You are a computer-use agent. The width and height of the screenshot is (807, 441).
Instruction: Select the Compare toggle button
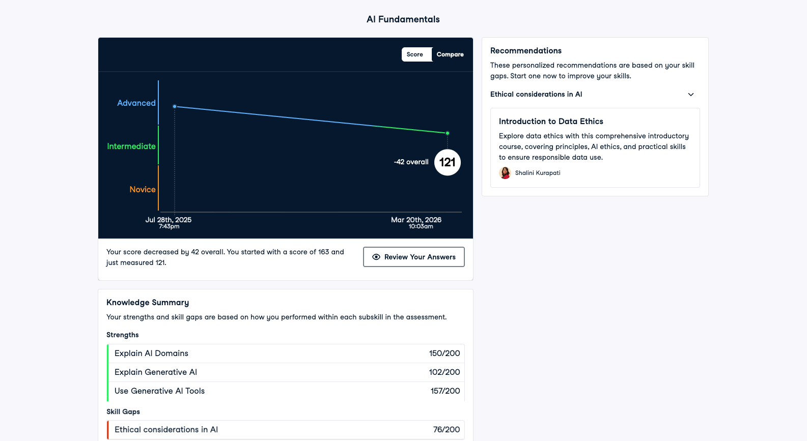coord(450,54)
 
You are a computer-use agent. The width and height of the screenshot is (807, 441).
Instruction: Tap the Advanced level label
coord(136,103)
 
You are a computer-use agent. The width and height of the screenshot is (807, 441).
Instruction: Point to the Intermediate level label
coord(131,146)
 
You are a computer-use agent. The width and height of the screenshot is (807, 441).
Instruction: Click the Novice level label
coord(143,189)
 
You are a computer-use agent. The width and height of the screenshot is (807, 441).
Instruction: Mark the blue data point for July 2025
coord(175,106)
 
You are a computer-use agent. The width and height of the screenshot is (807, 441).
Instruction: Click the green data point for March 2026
coord(448,133)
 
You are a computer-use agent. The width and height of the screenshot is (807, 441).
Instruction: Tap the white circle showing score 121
coord(448,162)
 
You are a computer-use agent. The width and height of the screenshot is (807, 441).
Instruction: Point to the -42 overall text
coord(411,162)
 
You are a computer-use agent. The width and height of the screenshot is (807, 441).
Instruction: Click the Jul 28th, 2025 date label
coord(169,220)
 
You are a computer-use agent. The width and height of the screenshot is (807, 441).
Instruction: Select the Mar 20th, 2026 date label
coord(416,220)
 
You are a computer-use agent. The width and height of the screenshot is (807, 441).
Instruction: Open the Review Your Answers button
coord(413,257)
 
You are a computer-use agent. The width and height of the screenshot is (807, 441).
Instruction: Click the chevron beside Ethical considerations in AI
coord(691,95)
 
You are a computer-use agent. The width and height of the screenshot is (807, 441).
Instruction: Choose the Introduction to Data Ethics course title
coord(551,121)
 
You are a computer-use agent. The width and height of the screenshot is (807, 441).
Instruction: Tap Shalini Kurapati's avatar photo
coord(505,173)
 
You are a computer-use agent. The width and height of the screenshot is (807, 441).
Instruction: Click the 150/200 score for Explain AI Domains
coord(444,354)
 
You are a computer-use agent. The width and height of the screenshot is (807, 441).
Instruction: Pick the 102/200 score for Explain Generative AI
coord(444,372)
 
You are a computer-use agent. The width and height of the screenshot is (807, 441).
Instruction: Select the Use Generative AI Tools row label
coord(159,391)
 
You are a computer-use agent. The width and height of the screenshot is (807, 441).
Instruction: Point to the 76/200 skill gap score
coord(447,430)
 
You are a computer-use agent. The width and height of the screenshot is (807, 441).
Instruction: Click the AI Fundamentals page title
coord(403,19)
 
